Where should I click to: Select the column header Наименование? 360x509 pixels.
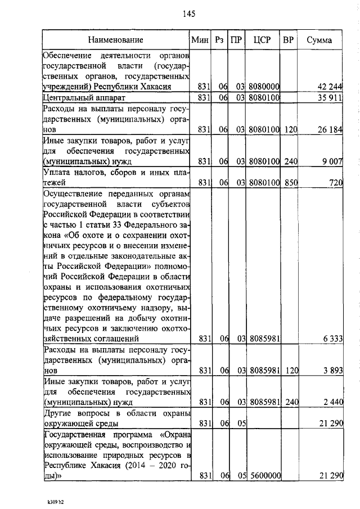(115, 40)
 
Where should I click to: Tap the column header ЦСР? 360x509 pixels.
(262, 40)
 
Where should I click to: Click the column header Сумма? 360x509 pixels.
(319, 40)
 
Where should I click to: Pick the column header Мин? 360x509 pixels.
(200, 40)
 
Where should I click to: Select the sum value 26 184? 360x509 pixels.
(330, 130)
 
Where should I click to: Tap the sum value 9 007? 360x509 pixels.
(332, 162)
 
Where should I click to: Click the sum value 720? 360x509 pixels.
(336, 183)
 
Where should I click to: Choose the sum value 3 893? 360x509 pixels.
(332, 371)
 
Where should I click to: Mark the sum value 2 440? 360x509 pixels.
(332, 403)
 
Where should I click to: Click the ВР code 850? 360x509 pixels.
(290, 183)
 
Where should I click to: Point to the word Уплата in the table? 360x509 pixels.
(59, 173)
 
